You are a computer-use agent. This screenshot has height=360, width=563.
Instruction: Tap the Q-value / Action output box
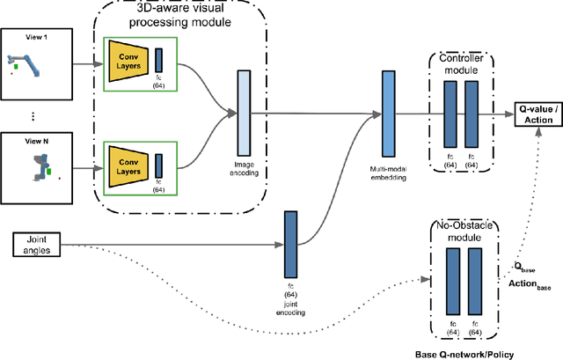(538, 113)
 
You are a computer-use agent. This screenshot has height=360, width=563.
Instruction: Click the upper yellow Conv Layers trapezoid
(127, 62)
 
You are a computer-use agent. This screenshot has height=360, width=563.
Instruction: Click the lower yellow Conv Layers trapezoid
(127, 162)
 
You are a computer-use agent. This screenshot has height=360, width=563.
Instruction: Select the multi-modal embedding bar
(389, 113)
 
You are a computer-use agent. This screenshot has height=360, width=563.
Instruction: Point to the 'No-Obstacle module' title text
(464, 231)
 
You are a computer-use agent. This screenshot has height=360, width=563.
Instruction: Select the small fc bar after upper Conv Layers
(159, 61)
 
